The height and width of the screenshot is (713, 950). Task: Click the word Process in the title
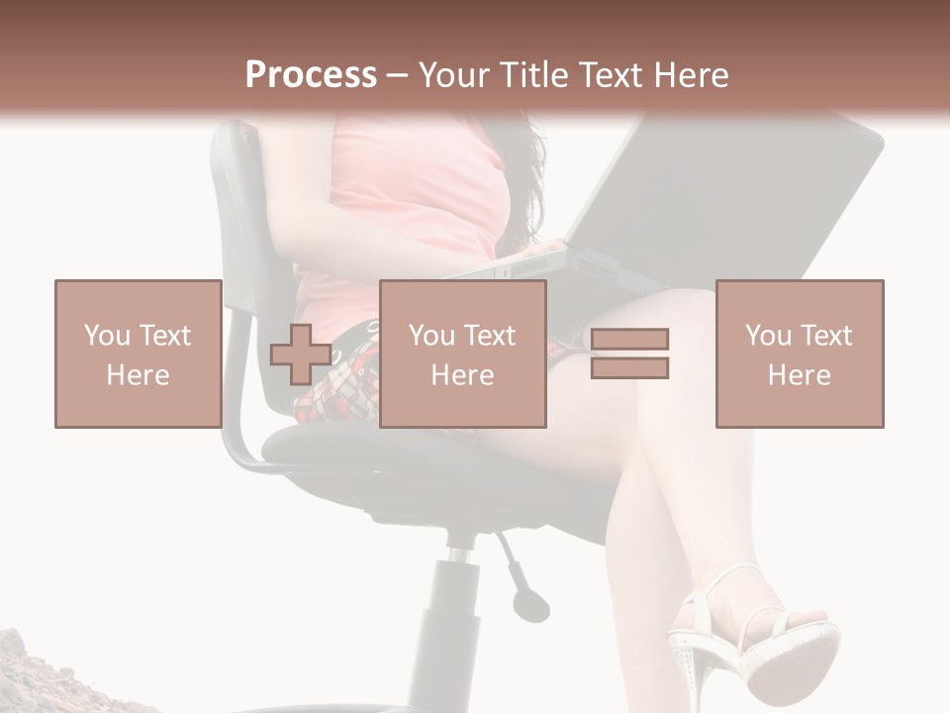point(311,75)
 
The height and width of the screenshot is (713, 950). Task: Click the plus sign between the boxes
point(301,355)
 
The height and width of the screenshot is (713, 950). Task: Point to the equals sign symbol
point(629,354)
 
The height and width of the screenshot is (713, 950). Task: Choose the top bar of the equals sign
point(629,340)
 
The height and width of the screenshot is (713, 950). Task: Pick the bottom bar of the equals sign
point(629,367)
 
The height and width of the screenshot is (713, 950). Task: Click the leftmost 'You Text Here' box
point(139,354)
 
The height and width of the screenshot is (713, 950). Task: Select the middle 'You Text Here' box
point(463,354)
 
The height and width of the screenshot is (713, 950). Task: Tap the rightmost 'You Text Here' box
point(800,354)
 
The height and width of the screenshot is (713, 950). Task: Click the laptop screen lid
point(732,198)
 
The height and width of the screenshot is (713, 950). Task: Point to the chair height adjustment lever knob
point(531,603)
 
